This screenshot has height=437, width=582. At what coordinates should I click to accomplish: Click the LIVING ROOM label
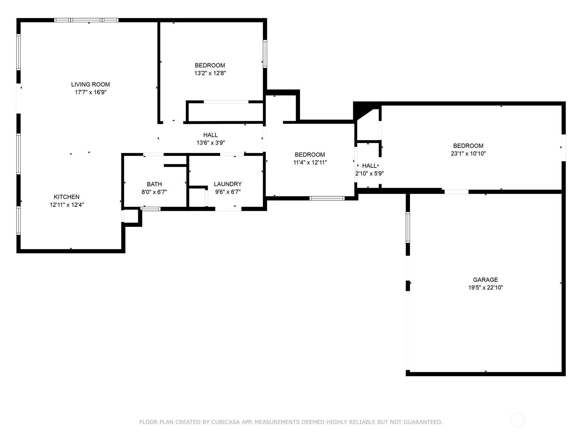(x=91, y=84)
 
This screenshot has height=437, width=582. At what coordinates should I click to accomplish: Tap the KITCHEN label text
(x=67, y=197)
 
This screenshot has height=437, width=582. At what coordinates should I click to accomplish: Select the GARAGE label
(x=486, y=280)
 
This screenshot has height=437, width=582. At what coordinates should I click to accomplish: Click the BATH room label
(x=154, y=184)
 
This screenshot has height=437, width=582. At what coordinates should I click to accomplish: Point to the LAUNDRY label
(x=228, y=184)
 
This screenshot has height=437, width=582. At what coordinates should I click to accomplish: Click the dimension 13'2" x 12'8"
(x=210, y=73)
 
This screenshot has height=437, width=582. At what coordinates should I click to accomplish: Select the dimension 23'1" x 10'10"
(x=468, y=153)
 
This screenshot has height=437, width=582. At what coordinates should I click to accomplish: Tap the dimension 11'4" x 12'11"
(x=310, y=162)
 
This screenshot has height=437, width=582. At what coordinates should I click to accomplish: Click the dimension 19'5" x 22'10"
(x=486, y=287)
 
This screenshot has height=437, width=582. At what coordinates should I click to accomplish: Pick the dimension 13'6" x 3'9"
(x=211, y=143)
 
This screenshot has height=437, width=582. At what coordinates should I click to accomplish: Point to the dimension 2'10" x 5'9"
(x=369, y=174)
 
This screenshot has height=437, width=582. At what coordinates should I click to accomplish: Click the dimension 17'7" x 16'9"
(x=91, y=92)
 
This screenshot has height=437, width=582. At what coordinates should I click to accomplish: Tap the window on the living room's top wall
(x=86, y=20)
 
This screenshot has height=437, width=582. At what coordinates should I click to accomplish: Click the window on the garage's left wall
(x=408, y=227)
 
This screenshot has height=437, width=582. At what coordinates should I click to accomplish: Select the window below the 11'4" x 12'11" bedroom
(x=327, y=198)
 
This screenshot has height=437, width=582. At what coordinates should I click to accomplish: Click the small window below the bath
(x=150, y=209)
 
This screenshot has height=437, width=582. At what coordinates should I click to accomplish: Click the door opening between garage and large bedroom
(x=456, y=192)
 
